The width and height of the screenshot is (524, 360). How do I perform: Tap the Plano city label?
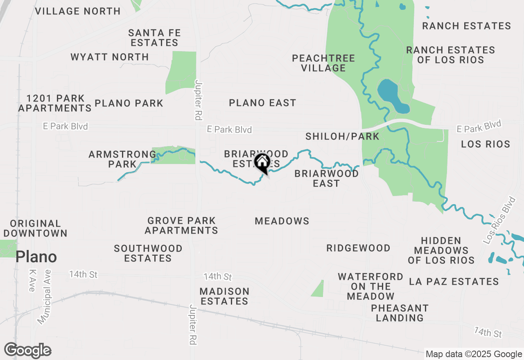point(36,257)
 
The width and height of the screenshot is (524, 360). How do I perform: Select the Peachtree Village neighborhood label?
point(323,63)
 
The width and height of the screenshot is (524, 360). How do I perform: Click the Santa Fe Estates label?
point(154,38)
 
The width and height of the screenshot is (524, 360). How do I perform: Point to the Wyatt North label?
point(110,57)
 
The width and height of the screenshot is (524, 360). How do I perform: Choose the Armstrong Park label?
point(122,159)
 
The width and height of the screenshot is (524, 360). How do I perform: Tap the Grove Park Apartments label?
point(181,225)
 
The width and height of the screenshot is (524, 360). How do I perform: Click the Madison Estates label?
point(224,296)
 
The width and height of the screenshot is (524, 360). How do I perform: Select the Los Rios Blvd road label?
point(499,221)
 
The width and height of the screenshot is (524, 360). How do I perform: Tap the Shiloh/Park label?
point(342,136)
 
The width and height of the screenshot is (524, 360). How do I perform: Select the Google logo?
point(28,351)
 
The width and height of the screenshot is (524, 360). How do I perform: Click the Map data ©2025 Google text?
point(473,354)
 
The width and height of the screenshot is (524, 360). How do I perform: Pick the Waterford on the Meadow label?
point(370,286)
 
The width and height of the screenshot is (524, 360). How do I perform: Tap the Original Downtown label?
point(38,228)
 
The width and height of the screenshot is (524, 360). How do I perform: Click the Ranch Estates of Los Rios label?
point(450,55)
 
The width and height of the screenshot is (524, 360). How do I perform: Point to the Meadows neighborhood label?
point(282,221)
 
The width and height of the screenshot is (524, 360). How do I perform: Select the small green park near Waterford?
point(318,289)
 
